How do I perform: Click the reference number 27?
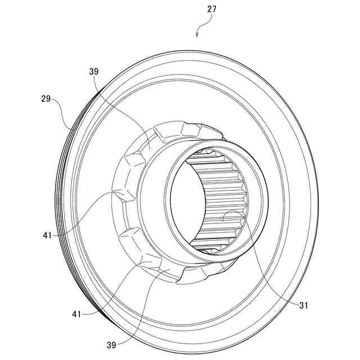tap(211, 9)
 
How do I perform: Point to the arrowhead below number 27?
tap(197, 34)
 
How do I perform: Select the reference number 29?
tap(46, 98)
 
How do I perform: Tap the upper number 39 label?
tap(93, 71)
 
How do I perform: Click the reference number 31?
tap(304, 305)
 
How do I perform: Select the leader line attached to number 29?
tap(61, 110)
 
